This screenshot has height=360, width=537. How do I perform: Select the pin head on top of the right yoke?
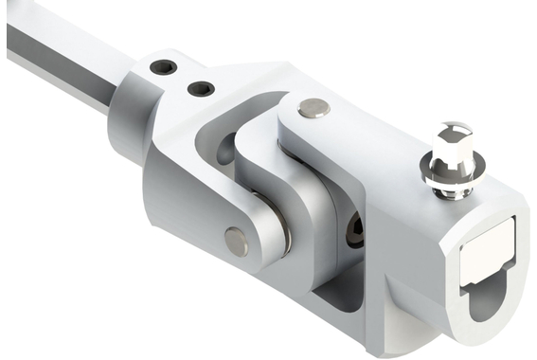(313, 109)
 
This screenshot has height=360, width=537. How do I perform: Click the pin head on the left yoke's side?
(236, 242)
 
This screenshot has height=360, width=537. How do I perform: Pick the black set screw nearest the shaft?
(165, 69)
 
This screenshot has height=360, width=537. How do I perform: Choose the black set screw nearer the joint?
(201, 89)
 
